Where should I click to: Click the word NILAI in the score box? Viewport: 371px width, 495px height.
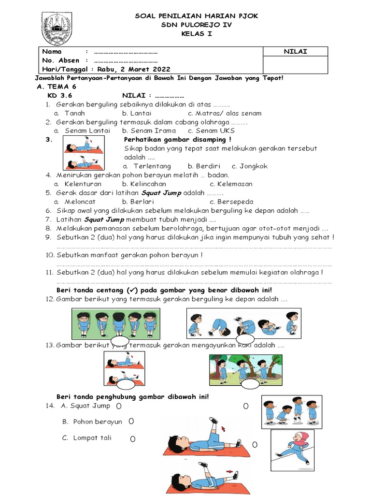click(x=295, y=52)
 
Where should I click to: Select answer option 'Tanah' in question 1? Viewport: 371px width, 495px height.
click(x=74, y=113)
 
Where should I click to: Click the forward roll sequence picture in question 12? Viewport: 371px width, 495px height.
click(x=243, y=323)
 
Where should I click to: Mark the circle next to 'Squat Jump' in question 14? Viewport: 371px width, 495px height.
click(x=118, y=407)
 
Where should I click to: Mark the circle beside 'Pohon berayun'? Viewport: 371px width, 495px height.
click(x=131, y=422)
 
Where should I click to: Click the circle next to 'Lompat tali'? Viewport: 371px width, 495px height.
click(x=132, y=439)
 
